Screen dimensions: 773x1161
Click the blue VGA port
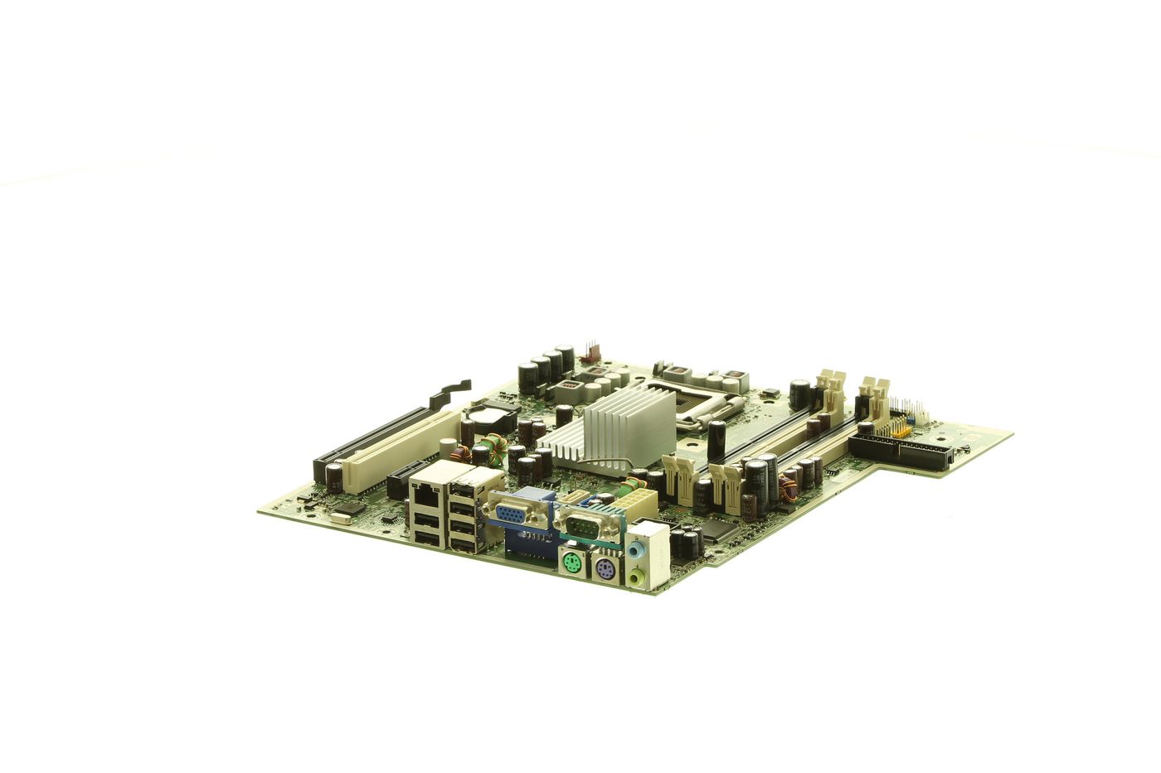point(514,515)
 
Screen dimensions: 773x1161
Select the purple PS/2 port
point(603,571)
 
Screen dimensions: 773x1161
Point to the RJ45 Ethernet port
point(425,492)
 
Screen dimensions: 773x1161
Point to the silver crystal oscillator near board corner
point(340,519)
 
